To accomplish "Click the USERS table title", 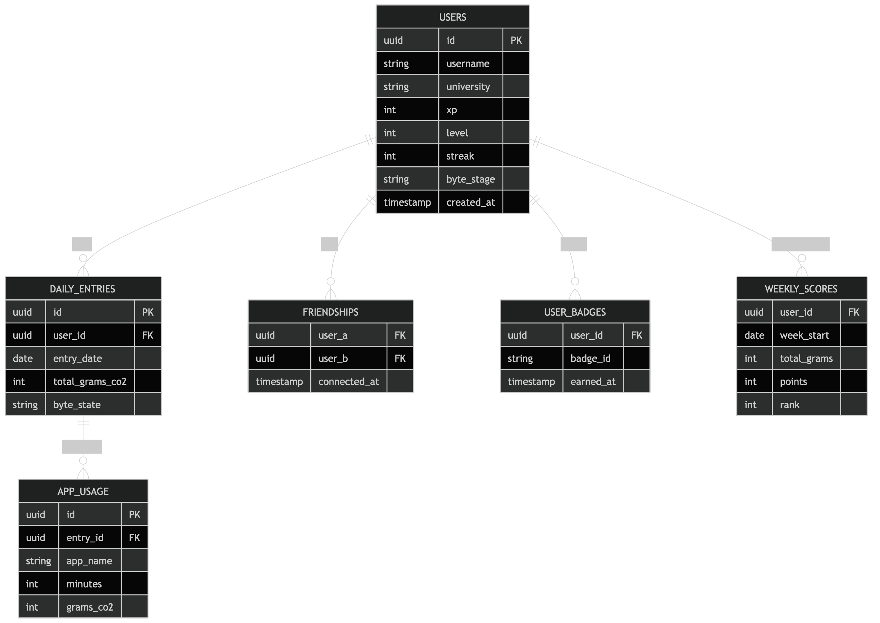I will [453, 17].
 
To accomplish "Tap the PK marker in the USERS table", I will [516, 40].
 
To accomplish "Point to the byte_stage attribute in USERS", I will [471, 179].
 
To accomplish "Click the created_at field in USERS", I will [471, 202].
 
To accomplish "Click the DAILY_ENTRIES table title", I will [82, 289].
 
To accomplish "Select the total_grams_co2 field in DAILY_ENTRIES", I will [90, 381].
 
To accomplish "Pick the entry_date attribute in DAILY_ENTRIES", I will [77, 358].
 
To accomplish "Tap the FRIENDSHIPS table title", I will [330, 312].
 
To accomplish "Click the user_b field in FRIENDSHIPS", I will [333, 358].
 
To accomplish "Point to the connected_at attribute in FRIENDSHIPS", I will [348, 381].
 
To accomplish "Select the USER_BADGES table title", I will [574, 312].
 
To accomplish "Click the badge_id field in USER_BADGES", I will [590, 358].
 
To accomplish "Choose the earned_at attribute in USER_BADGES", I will [593, 381].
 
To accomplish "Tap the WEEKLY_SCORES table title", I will [801, 289].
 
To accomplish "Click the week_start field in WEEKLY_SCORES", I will [804, 335].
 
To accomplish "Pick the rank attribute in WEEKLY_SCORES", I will [789, 405].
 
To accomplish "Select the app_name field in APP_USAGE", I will [89, 561].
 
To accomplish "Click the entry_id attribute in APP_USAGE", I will [85, 537].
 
